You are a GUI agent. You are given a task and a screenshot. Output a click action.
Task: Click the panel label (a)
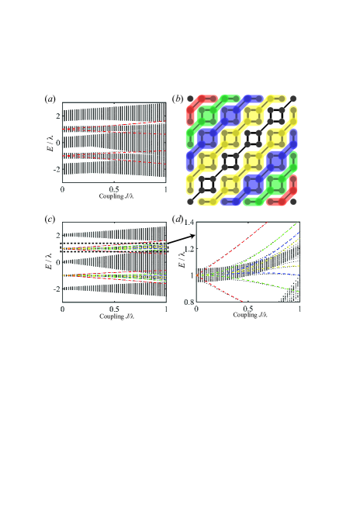point(49,99)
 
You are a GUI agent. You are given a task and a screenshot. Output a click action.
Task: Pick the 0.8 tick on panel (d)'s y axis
point(188,323)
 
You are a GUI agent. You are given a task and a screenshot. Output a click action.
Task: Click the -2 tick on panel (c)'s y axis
point(55,288)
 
